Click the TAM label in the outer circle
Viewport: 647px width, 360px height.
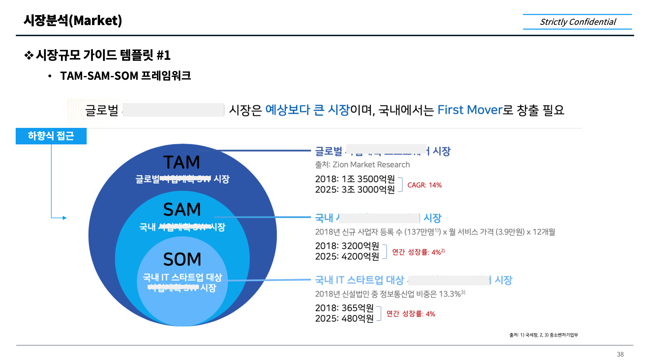tap(182, 162)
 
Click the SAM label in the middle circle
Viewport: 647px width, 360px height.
tap(182, 210)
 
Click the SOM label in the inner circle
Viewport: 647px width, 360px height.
tap(182, 259)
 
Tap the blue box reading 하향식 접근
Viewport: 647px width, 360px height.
tap(51, 136)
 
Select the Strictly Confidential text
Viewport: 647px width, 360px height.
tap(578, 22)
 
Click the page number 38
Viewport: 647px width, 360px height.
tap(620, 354)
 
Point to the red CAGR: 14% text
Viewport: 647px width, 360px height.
tap(424, 185)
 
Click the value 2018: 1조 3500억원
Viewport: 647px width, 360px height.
tap(355, 179)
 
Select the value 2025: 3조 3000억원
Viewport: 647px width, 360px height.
tap(355, 189)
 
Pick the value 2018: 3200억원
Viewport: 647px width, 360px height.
tap(347, 246)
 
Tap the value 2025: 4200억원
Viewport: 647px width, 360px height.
tap(347, 256)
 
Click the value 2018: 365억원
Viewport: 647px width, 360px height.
tap(344, 308)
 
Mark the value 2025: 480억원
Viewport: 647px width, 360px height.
tap(344, 318)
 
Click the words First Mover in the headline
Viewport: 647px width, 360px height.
tap(470, 110)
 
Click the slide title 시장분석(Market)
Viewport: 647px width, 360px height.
tap(73, 21)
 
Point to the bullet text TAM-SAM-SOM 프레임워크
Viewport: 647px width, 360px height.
tap(125, 76)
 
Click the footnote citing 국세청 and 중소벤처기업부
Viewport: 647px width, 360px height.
tap(544, 335)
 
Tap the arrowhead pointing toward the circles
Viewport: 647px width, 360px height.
tap(65, 218)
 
